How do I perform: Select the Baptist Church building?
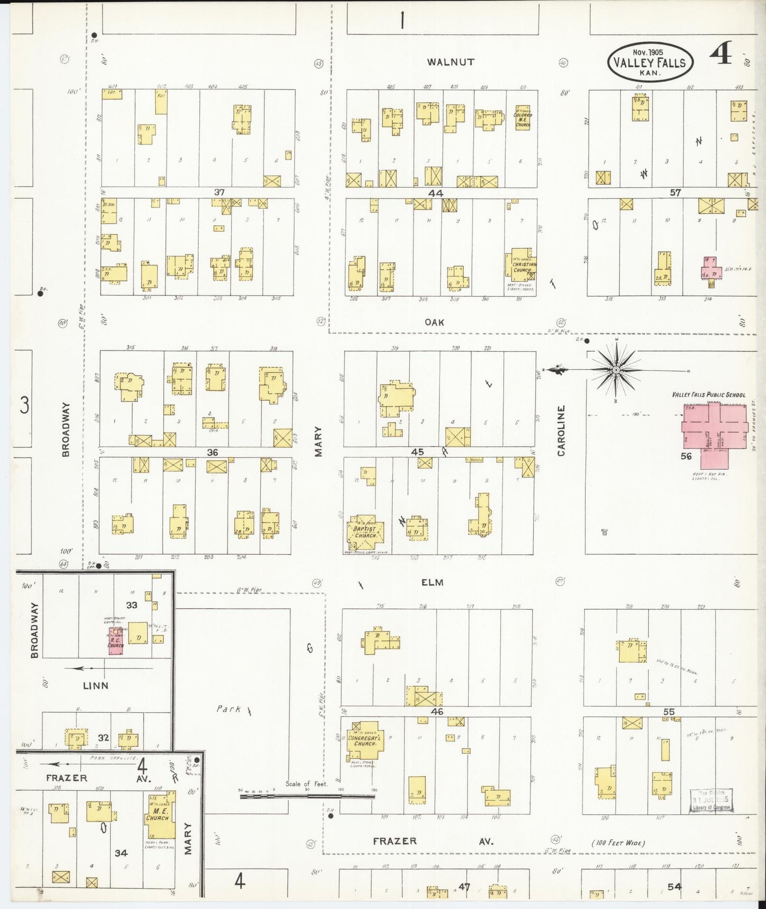click(x=366, y=532)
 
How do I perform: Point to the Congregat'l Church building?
click(x=364, y=740)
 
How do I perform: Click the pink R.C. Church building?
click(x=116, y=641)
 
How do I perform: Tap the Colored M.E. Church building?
click(x=522, y=118)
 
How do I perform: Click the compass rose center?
click(x=617, y=370)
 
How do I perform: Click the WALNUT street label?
click(x=451, y=62)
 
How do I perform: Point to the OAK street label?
click(x=434, y=322)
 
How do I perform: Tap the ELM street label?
click(x=432, y=582)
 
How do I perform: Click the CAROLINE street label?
click(x=561, y=431)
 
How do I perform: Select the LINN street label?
click(x=95, y=685)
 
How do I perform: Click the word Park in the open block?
click(x=228, y=709)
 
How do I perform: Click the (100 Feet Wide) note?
click(x=618, y=843)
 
